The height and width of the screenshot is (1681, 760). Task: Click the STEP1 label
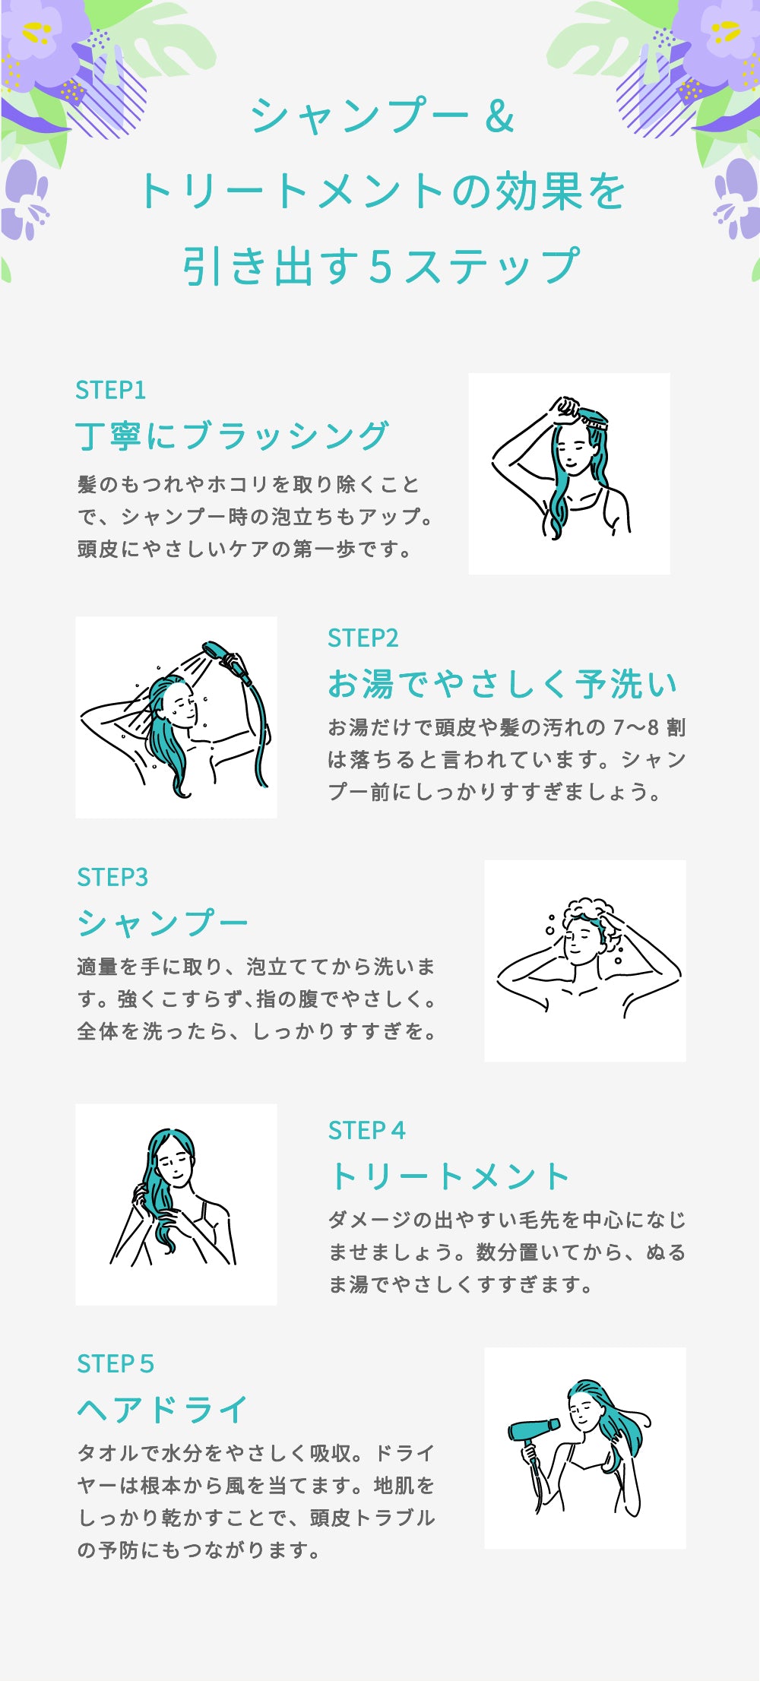coord(110,390)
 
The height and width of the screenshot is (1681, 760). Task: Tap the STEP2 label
coord(363,638)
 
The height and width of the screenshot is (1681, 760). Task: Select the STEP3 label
coord(112,877)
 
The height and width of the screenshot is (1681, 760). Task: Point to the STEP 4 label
coord(367,1130)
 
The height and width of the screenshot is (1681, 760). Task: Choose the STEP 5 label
coord(116,1363)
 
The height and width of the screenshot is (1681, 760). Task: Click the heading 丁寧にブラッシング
coord(233,436)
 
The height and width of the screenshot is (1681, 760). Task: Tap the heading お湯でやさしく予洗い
coord(502,684)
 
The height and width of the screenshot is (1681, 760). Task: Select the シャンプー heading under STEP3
coord(163,923)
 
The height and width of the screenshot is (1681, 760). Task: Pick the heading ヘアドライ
coord(163,1410)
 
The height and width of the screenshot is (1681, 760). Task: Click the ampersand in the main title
coord(499,116)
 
